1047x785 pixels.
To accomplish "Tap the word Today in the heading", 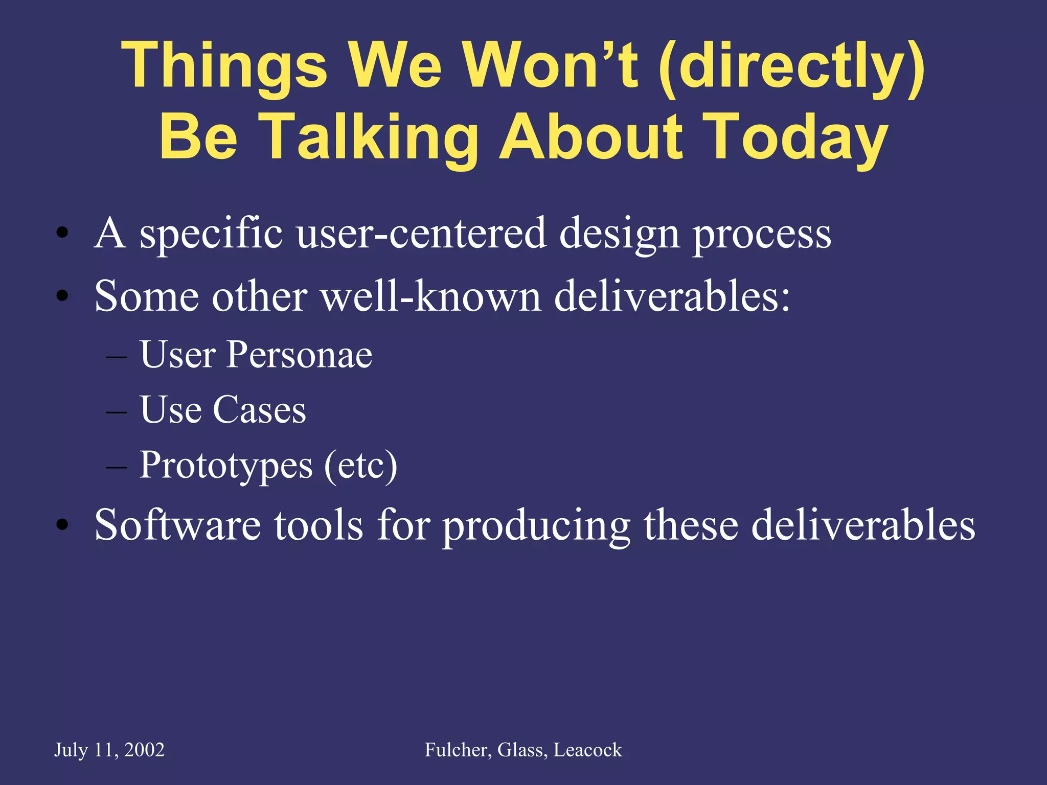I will click(x=795, y=137).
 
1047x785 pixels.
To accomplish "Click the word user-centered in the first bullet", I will click(x=421, y=233).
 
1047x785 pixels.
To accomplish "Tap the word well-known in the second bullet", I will click(x=431, y=296).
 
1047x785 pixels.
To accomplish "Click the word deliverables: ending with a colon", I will click(x=672, y=296).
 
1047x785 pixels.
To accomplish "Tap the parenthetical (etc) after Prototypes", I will click(x=360, y=466).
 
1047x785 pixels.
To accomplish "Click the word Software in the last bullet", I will click(x=177, y=525).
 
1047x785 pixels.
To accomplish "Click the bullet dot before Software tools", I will click(x=62, y=525).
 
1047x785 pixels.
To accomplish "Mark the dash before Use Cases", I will click(x=117, y=411).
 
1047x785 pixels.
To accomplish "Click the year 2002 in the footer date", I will click(x=144, y=750).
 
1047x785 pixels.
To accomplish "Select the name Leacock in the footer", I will click(x=588, y=750).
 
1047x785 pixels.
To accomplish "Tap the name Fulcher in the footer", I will click(x=458, y=750).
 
